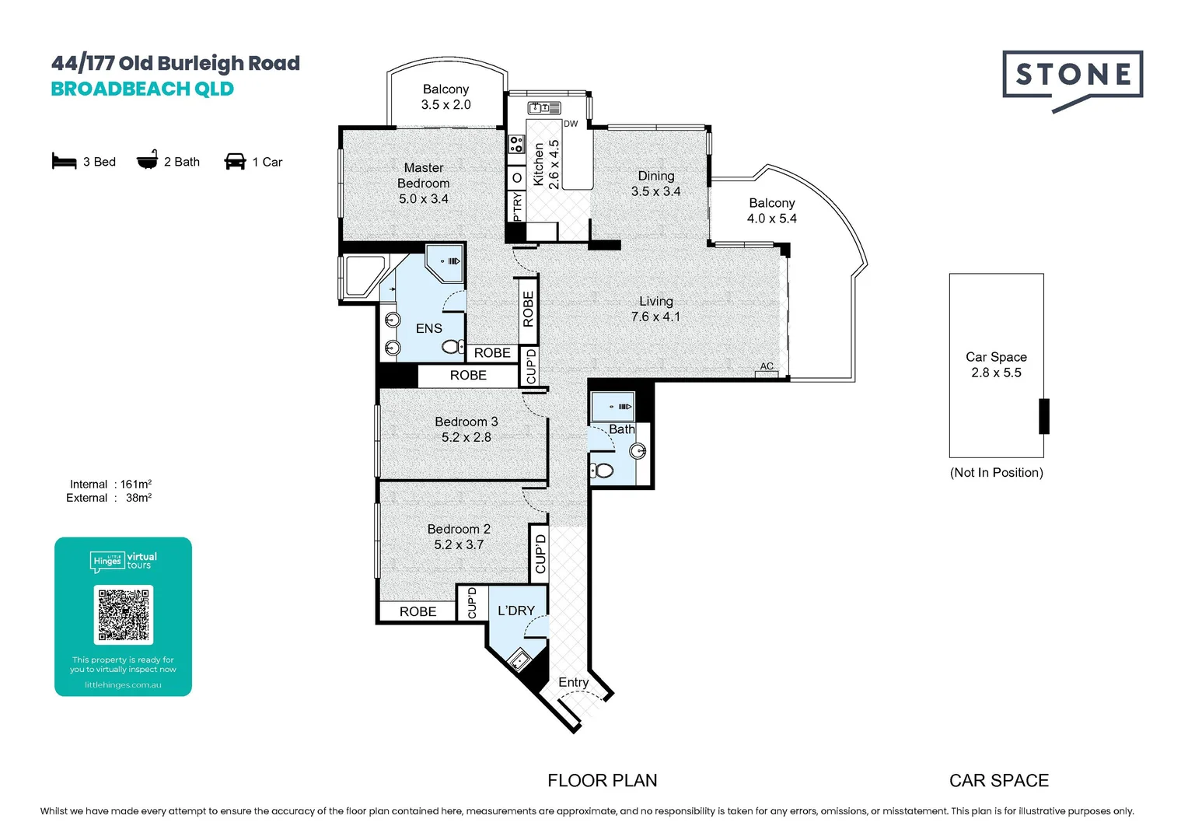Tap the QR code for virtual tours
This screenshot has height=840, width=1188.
point(124,614)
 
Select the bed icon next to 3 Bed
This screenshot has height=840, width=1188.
point(65,161)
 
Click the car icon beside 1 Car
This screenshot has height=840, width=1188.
point(235,161)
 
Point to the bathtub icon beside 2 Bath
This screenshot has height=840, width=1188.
point(148,159)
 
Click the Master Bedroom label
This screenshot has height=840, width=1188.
point(423,175)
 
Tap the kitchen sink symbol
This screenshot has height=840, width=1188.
point(544,108)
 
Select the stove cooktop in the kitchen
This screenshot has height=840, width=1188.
point(516,144)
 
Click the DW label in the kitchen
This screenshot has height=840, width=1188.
point(571,124)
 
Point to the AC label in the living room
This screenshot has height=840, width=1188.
point(767,366)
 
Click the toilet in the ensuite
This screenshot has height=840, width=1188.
point(453,347)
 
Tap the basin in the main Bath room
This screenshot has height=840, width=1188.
point(638,451)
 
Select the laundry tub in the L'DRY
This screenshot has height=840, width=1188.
point(519,660)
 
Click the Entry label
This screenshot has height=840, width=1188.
point(573,682)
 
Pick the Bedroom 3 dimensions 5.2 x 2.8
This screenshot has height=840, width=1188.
point(466,437)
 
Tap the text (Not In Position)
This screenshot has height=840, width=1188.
point(997,473)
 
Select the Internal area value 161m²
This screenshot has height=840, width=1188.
point(136,484)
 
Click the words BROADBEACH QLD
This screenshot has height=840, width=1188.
point(142,89)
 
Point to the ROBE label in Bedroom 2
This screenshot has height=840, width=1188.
point(418,612)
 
